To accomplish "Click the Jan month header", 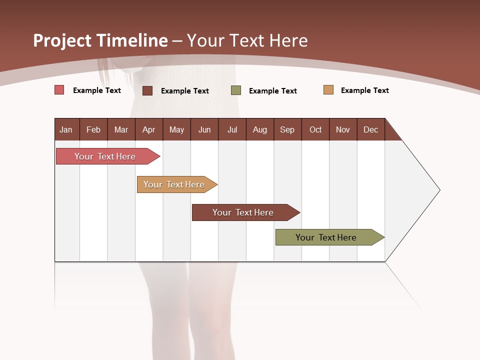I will tap(66, 129).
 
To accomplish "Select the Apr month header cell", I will tap(148, 129).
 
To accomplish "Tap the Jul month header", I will tap(232, 129).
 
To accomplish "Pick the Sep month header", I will tap(287, 129).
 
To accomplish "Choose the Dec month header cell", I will tap(370, 129).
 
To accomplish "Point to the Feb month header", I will tap(93, 129).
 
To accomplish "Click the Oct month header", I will tap(315, 129).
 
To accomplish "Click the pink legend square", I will tap(59, 90).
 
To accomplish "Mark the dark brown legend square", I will tap(147, 90).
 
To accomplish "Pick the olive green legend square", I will tap(235, 90).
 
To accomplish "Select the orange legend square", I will tap(328, 90).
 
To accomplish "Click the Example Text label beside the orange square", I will tap(364, 90).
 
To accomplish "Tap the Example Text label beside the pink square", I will tap(96, 90).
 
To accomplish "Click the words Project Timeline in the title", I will tap(100, 40).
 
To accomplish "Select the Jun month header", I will tap(204, 129).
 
